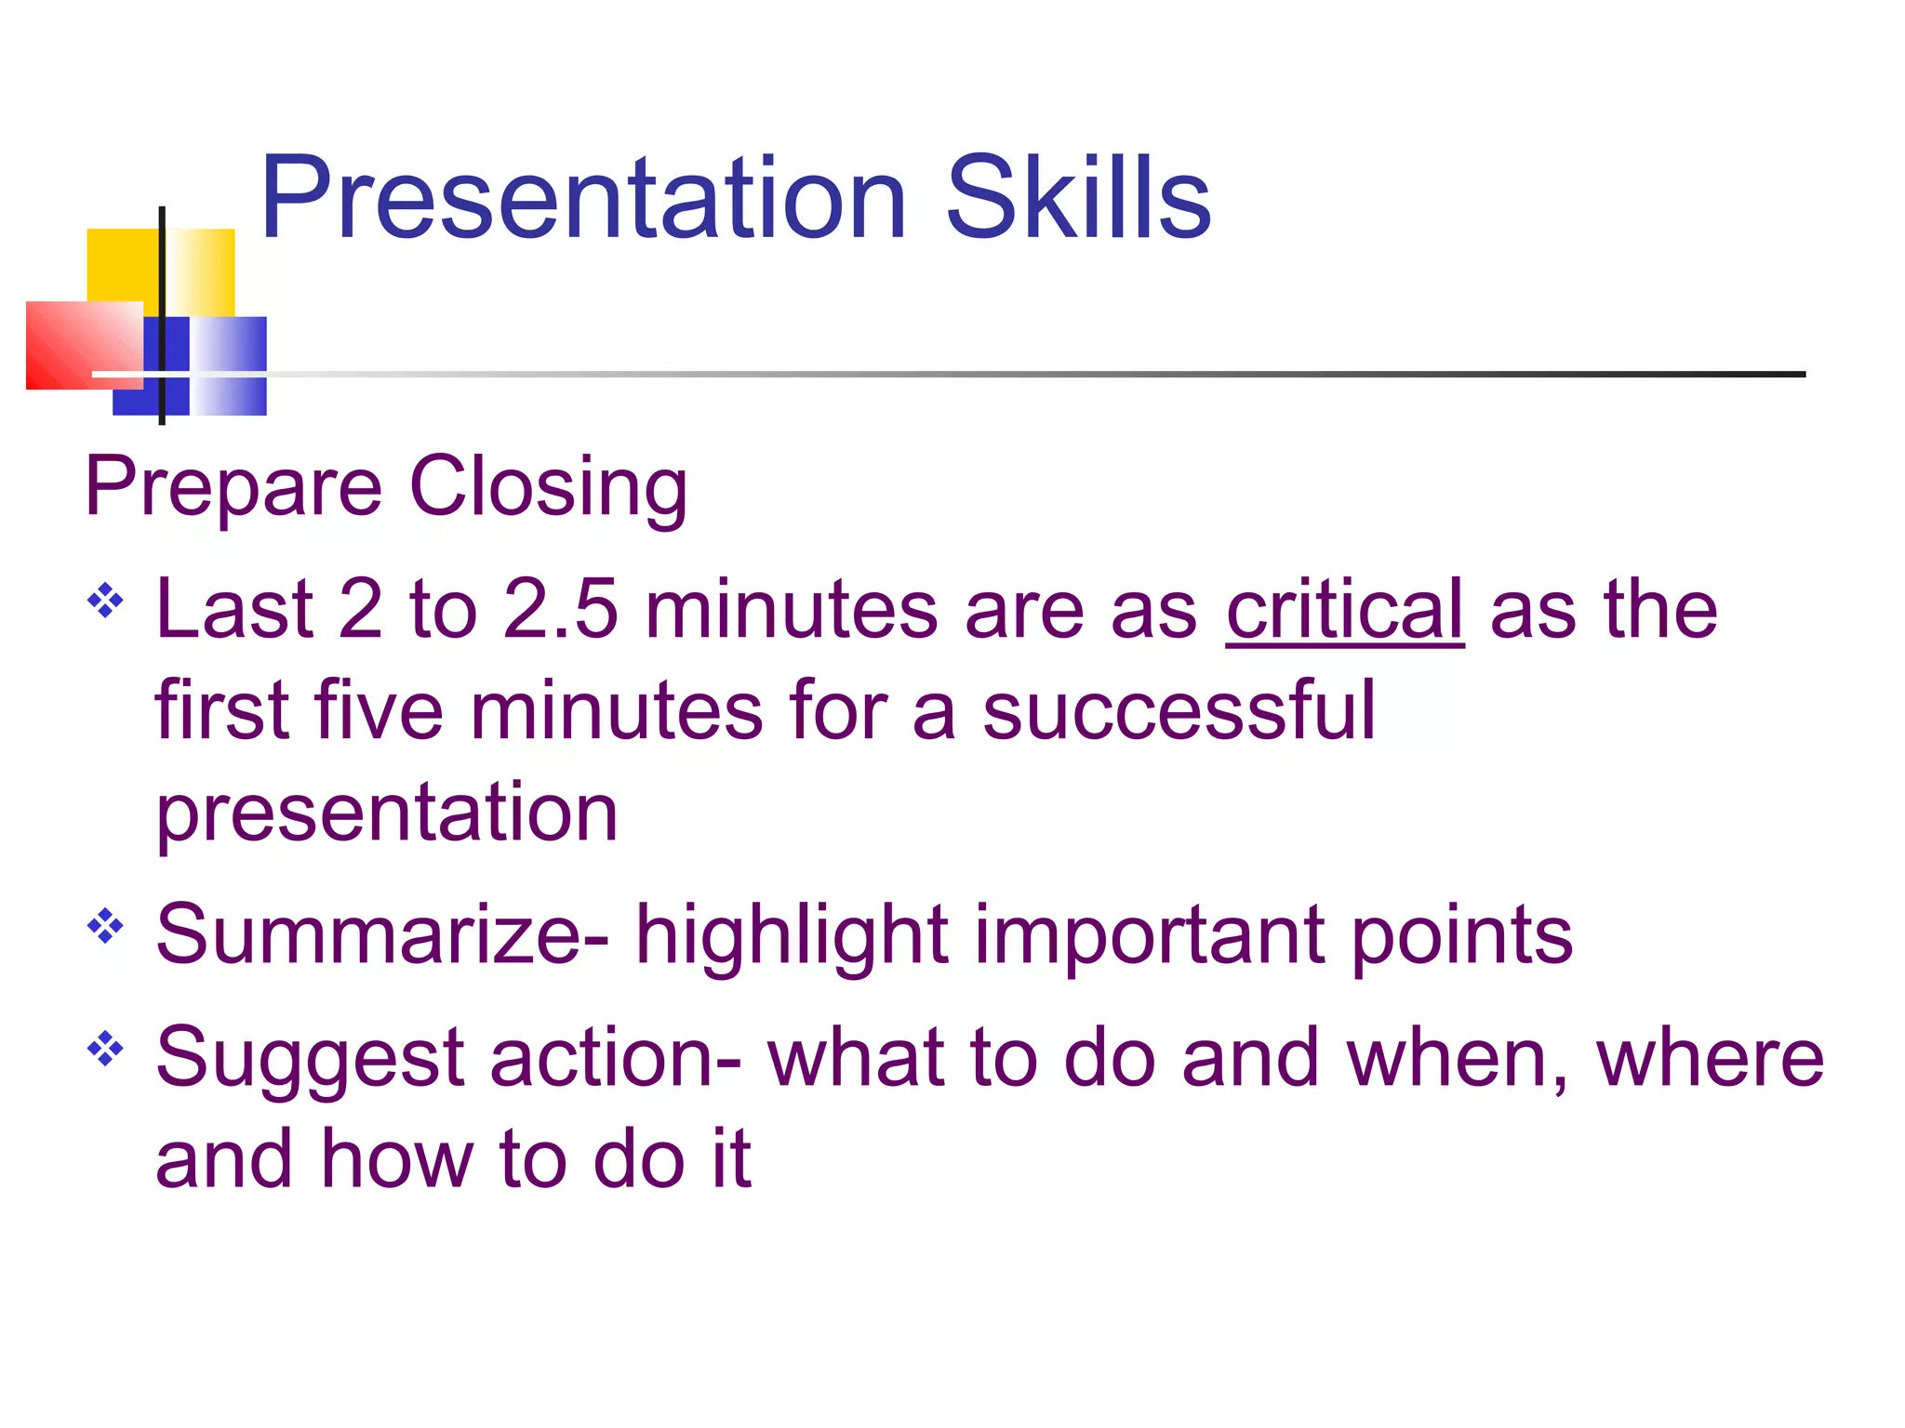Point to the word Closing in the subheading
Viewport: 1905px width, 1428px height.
tap(549, 488)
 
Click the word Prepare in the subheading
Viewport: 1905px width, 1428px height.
tap(233, 488)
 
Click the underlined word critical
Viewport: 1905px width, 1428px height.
tap(1344, 610)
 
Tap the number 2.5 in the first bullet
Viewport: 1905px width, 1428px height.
tap(560, 610)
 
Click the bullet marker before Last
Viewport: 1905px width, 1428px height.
tap(105, 601)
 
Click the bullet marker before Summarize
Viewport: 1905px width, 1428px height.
tap(105, 926)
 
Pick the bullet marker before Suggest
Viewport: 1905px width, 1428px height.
tap(105, 1049)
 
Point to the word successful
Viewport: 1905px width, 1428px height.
tap(1178, 711)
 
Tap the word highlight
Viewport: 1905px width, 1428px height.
tap(791, 937)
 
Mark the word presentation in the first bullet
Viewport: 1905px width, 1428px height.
tap(387, 814)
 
